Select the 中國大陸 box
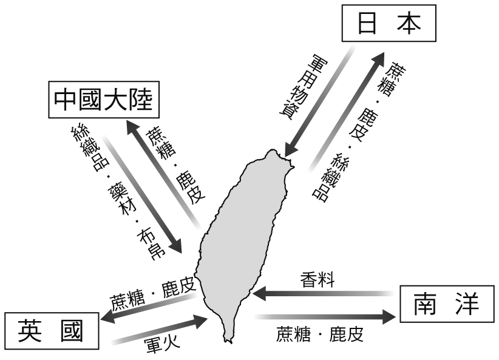(x=104, y=101)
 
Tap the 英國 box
(x=52, y=331)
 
